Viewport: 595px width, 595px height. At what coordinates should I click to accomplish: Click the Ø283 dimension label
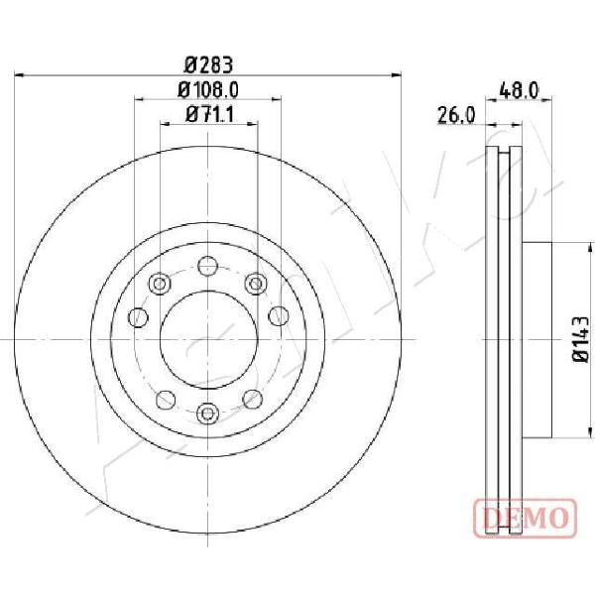(x=208, y=64)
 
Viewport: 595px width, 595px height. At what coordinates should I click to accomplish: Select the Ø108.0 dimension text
(x=208, y=90)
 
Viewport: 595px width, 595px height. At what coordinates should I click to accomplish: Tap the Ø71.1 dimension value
(x=210, y=114)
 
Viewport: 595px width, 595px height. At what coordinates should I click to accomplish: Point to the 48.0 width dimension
(x=519, y=91)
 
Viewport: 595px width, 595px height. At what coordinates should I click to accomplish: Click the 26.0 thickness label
(x=456, y=115)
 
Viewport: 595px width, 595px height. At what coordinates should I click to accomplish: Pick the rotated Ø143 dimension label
(x=580, y=339)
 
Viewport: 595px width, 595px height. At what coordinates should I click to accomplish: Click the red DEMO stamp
(x=526, y=518)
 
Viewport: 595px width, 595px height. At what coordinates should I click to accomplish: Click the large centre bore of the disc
(x=208, y=339)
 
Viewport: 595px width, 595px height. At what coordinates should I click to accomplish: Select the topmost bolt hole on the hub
(x=207, y=266)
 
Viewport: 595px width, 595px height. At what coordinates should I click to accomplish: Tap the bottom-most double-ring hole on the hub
(x=207, y=414)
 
